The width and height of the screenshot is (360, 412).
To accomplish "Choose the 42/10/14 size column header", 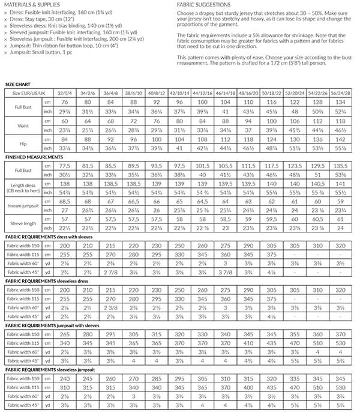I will (179, 93).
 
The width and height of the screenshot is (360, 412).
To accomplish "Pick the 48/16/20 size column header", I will (247, 93).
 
